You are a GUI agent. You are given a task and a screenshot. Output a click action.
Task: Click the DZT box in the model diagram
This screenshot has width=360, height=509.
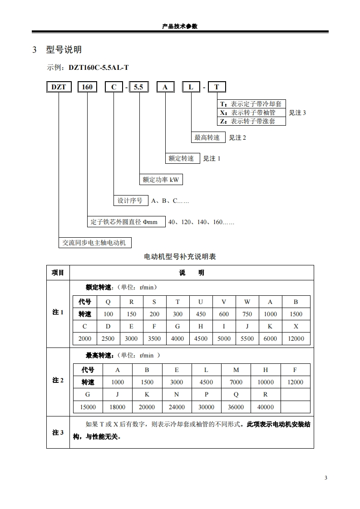59,87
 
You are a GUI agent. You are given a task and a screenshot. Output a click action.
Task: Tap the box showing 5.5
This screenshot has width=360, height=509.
138,87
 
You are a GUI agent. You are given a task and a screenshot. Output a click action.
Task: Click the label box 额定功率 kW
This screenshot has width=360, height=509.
161,180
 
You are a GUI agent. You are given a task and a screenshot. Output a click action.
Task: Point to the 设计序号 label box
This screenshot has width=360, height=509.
130,201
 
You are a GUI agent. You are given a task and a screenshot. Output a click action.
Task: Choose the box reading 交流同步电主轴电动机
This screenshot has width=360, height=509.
95,243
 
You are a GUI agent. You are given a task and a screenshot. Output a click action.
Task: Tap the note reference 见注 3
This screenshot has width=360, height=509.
297,113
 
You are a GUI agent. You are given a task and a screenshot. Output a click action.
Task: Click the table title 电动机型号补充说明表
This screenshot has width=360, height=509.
180,257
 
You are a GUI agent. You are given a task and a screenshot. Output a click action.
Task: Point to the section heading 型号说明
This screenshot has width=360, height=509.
64,49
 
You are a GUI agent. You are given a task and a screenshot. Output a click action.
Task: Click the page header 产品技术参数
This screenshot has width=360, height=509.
180,26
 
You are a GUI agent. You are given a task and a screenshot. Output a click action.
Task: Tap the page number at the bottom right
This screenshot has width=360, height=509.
325,478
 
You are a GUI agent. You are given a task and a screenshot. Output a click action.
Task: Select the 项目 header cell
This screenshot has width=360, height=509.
58,273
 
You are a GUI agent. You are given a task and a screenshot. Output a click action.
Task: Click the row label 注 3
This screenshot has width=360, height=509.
58,432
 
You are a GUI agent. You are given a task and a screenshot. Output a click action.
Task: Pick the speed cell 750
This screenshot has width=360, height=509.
247,314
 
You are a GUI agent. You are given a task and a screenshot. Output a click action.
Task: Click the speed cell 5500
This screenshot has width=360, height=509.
247,338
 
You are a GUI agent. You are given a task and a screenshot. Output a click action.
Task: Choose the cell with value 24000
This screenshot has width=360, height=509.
177,407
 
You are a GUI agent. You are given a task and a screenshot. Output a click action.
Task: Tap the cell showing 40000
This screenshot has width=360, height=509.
266,407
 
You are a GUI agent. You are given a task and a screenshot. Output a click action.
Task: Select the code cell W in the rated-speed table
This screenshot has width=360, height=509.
247,302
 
